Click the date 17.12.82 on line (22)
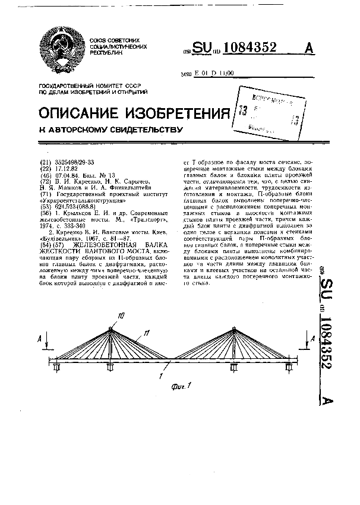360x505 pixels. point(65,169)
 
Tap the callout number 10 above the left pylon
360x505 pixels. point(121,315)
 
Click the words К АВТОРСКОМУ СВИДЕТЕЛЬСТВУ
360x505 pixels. point(110,129)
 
